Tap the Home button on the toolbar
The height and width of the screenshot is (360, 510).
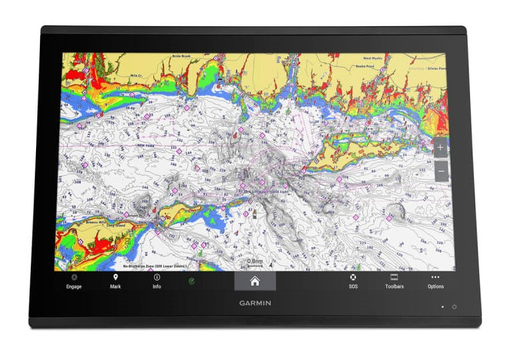pyautogui.click(x=254, y=281)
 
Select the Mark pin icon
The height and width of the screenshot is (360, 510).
pyautogui.click(x=115, y=278)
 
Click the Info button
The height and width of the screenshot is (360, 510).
pyautogui.click(x=157, y=278)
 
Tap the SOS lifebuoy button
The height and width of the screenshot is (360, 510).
pyautogui.click(x=353, y=278)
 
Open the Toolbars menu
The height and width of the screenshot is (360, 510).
pyautogui.click(x=394, y=278)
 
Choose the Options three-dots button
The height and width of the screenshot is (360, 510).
pyautogui.click(x=435, y=277)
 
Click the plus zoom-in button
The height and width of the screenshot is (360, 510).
pyautogui.click(x=441, y=148)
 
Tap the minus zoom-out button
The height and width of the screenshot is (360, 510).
pyautogui.click(x=441, y=172)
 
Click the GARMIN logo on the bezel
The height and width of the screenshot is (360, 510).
pyautogui.click(x=255, y=303)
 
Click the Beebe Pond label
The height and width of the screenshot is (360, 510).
pyautogui.click(x=364, y=66)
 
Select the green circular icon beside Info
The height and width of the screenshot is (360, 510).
pyautogui.click(x=191, y=281)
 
